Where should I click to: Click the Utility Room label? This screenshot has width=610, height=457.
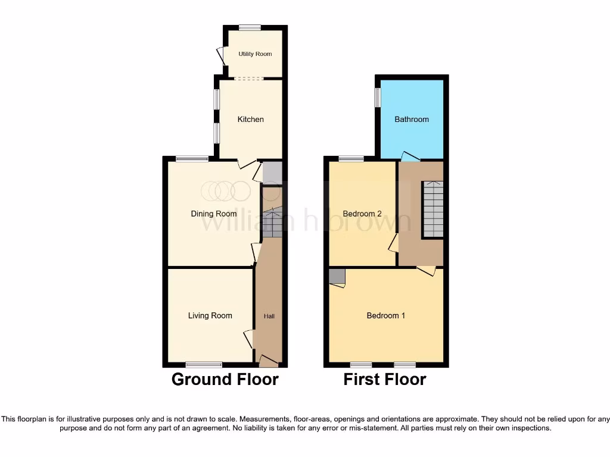[255, 54]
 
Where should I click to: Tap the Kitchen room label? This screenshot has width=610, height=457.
[250, 120]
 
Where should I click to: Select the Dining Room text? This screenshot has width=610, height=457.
[213, 214]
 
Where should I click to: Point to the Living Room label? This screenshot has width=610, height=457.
[210, 315]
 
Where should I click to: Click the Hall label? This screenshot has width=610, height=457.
[269, 316]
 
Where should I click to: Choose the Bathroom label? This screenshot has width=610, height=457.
[412, 120]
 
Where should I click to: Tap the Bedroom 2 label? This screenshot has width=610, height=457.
[362, 214]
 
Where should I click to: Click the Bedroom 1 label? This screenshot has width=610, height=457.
[385, 315]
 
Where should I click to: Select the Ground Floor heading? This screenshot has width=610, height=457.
[225, 379]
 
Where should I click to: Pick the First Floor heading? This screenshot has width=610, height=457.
[385, 379]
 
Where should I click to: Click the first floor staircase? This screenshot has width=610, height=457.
[433, 209]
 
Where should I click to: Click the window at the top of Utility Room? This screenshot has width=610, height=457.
[250, 27]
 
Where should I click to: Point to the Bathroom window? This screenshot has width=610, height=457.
[378, 98]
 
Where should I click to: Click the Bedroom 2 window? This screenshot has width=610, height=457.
[351, 159]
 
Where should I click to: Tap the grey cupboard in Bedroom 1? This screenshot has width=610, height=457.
[337, 277]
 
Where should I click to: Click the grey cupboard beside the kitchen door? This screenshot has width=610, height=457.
[272, 173]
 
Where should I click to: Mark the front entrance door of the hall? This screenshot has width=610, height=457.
[269, 361]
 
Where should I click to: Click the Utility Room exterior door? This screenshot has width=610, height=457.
[221, 56]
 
